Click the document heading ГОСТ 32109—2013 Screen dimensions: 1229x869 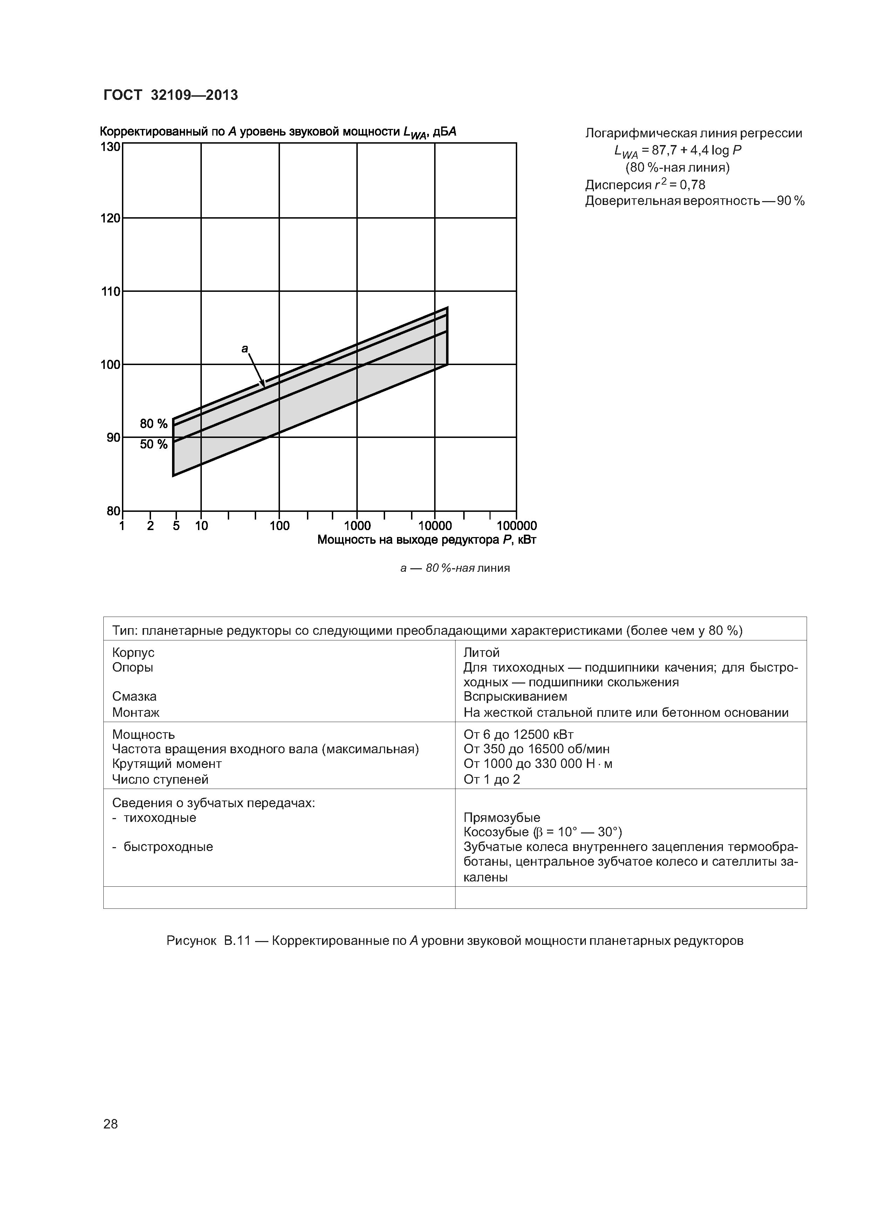click(x=170, y=95)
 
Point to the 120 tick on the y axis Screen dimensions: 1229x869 click(x=111, y=218)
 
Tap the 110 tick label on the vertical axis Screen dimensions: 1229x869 click(x=111, y=292)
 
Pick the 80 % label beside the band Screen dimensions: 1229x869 click(x=154, y=424)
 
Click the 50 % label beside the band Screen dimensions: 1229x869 click(x=154, y=444)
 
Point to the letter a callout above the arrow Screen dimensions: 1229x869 click(x=245, y=349)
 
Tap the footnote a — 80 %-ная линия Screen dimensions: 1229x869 click(x=455, y=568)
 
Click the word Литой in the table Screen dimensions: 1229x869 click(x=481, y=652)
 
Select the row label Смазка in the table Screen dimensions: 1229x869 click(x=135, y=696)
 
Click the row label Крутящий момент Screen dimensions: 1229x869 click(x=166, y=763)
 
